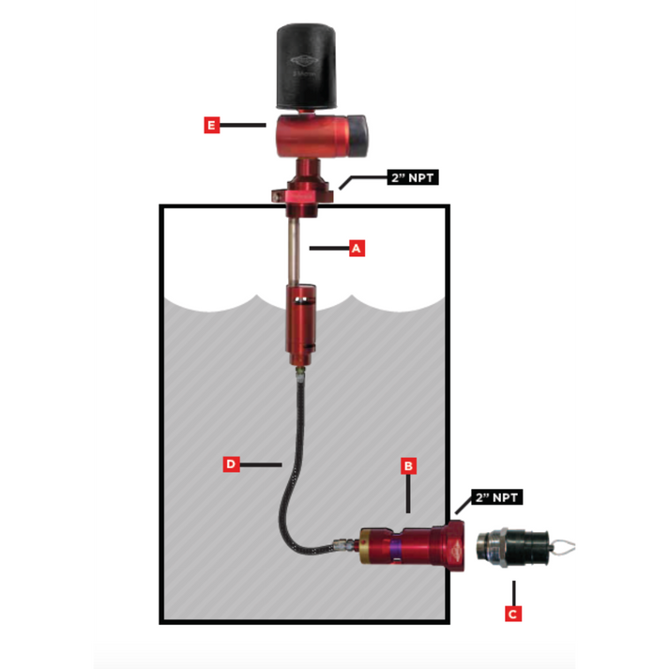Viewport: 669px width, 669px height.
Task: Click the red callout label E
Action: point(212,124)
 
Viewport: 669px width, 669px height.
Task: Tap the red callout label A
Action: point(356,248)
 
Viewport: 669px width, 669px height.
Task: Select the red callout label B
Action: point(408,464)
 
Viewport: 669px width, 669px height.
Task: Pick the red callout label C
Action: point(512,615)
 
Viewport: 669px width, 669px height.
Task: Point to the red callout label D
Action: point(231,464)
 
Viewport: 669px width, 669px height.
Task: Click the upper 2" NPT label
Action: point(412,176)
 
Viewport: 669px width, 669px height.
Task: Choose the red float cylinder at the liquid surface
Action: point(303,328)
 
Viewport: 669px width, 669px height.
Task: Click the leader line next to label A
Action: point(328,248)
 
